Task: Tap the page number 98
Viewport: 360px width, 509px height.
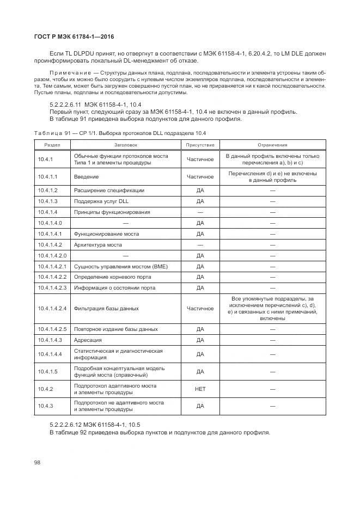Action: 38,462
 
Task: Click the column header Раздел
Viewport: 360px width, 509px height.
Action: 52,145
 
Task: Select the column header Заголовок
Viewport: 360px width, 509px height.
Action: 126,145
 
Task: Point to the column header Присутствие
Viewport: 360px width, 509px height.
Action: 200,145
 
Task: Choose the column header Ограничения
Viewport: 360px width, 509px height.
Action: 272,145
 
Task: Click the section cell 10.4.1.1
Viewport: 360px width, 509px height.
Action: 47,176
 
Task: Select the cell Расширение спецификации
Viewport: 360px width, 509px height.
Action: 109,190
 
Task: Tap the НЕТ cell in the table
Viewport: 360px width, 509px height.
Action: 200,389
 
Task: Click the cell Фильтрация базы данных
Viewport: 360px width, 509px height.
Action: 106,308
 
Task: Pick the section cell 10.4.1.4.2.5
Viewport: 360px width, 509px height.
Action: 52,329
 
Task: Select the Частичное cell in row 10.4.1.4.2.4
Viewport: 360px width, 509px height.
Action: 200,308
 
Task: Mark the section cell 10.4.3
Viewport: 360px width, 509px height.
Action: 45,406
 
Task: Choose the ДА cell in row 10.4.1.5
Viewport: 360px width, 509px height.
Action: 200,371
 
